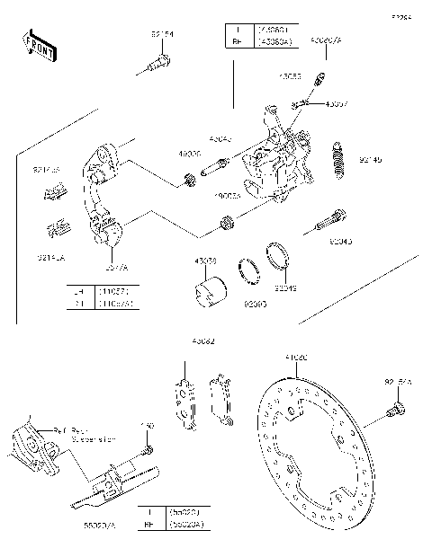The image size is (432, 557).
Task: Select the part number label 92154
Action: tap(163, 34)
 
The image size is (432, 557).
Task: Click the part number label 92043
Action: tap(341, 242)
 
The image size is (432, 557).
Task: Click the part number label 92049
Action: tap(285, 288)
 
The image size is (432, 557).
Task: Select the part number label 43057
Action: tap(336, 103)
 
